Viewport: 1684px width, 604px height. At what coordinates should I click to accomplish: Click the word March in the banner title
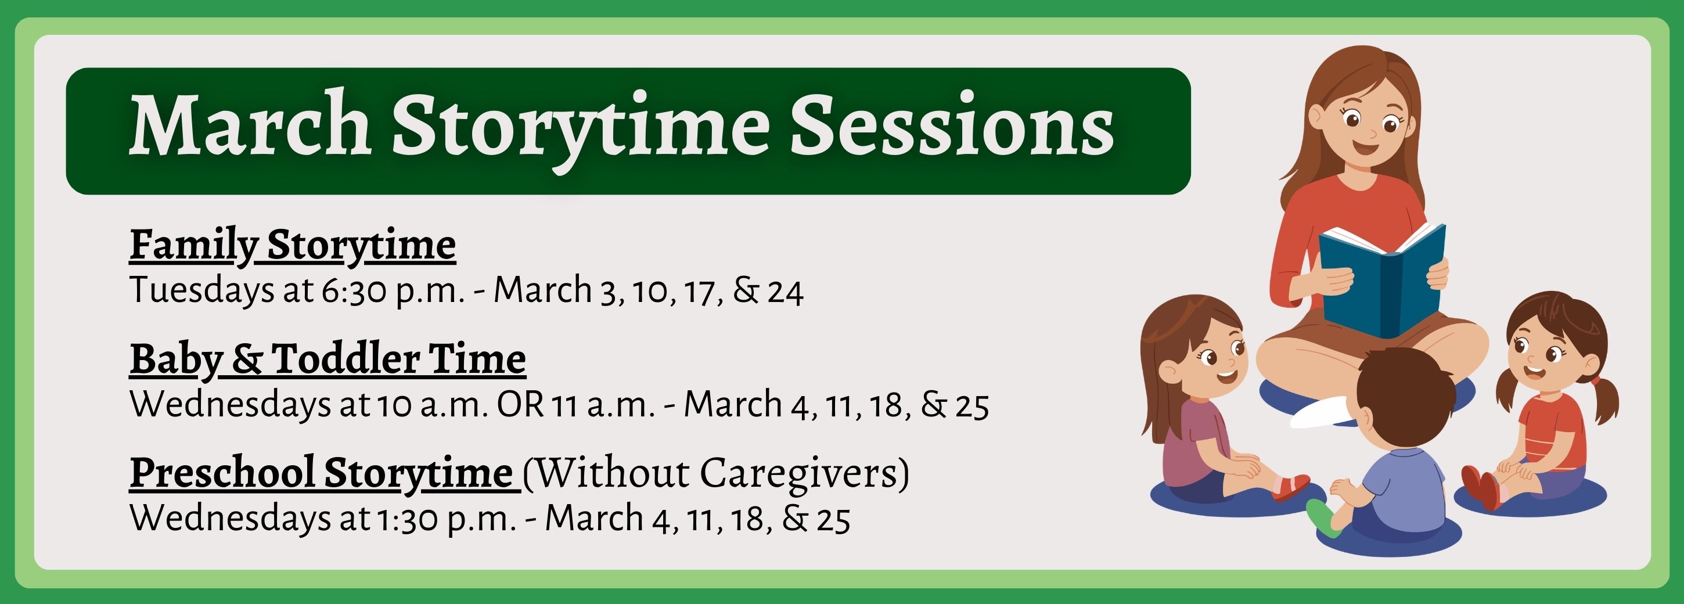250,124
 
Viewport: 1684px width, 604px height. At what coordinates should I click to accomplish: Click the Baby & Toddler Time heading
328,360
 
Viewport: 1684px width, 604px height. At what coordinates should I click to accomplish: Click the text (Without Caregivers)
716,473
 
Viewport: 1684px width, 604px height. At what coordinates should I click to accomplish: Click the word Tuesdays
202,290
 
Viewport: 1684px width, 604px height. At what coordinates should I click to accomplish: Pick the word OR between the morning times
520,405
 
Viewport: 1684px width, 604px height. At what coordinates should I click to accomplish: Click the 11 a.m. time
603,405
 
